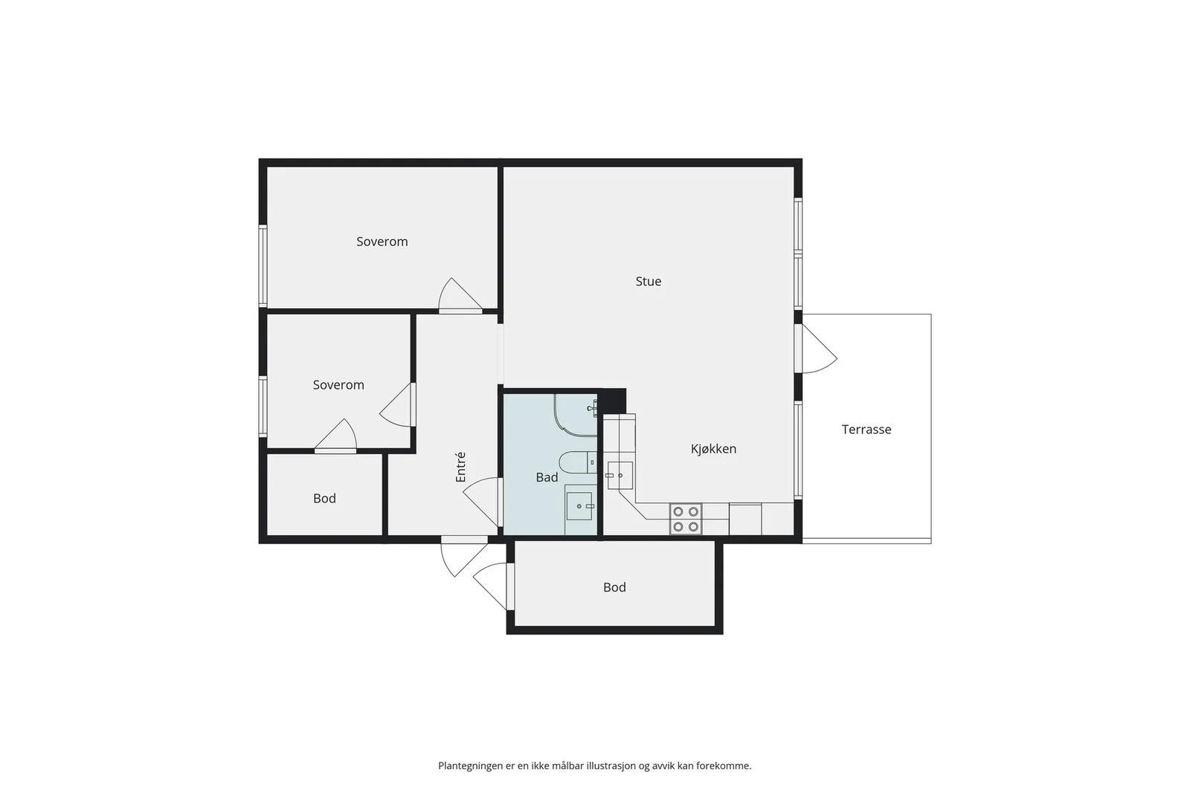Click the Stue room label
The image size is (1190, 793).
[x=648, y=282]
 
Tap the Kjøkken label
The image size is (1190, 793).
[x=713, y=449]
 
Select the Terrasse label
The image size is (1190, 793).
[x=866, y=430]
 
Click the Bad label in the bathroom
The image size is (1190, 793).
[x=547, y=477]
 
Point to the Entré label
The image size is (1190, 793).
[x=460, y=467]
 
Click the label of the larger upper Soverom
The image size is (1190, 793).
[x=382, y=242]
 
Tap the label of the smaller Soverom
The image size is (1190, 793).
[x=338, y=385]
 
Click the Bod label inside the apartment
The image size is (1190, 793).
[x=324, y=499]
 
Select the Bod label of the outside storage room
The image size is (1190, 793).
[x=614, y=587]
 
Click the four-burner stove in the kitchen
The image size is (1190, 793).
[x=685, y=519]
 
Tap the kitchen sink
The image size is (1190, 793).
[x=620, y=475]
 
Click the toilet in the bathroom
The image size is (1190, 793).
[x=577, y=462]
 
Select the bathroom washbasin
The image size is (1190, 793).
[x=580, y=506]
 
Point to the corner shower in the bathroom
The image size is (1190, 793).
[x=576, y=415]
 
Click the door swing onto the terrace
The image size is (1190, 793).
[x=819, y=349]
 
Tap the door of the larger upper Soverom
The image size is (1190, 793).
[x=460, y=294]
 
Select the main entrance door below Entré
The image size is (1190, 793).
[x=464, y=557]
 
